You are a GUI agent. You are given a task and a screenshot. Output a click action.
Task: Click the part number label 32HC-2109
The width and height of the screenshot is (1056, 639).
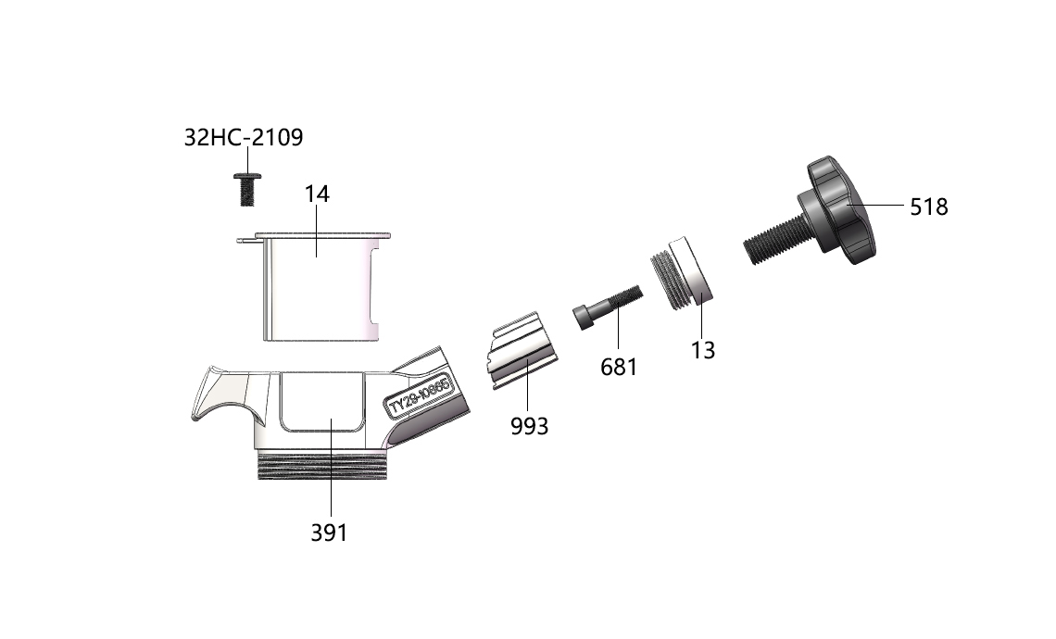pyautogui.click(x=243, y=137)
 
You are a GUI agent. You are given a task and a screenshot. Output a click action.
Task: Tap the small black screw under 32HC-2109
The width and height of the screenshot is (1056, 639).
pyautogui.click(x=247, y=189)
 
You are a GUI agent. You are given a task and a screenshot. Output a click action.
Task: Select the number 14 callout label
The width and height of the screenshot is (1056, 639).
pyautogui.click(x=317, y=194)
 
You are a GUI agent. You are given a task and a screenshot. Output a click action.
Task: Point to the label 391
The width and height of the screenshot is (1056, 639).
pyautogui.click(x=330, y=532)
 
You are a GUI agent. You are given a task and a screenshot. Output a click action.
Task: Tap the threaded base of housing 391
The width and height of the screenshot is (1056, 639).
pyautogui.click(x=323, y=465)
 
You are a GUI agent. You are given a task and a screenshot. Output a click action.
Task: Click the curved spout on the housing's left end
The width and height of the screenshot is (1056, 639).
pyautogui.click(x=222, y=397)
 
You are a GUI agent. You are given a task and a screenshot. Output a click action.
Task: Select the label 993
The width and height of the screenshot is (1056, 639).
pyautogui.click(x=529, y=426)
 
